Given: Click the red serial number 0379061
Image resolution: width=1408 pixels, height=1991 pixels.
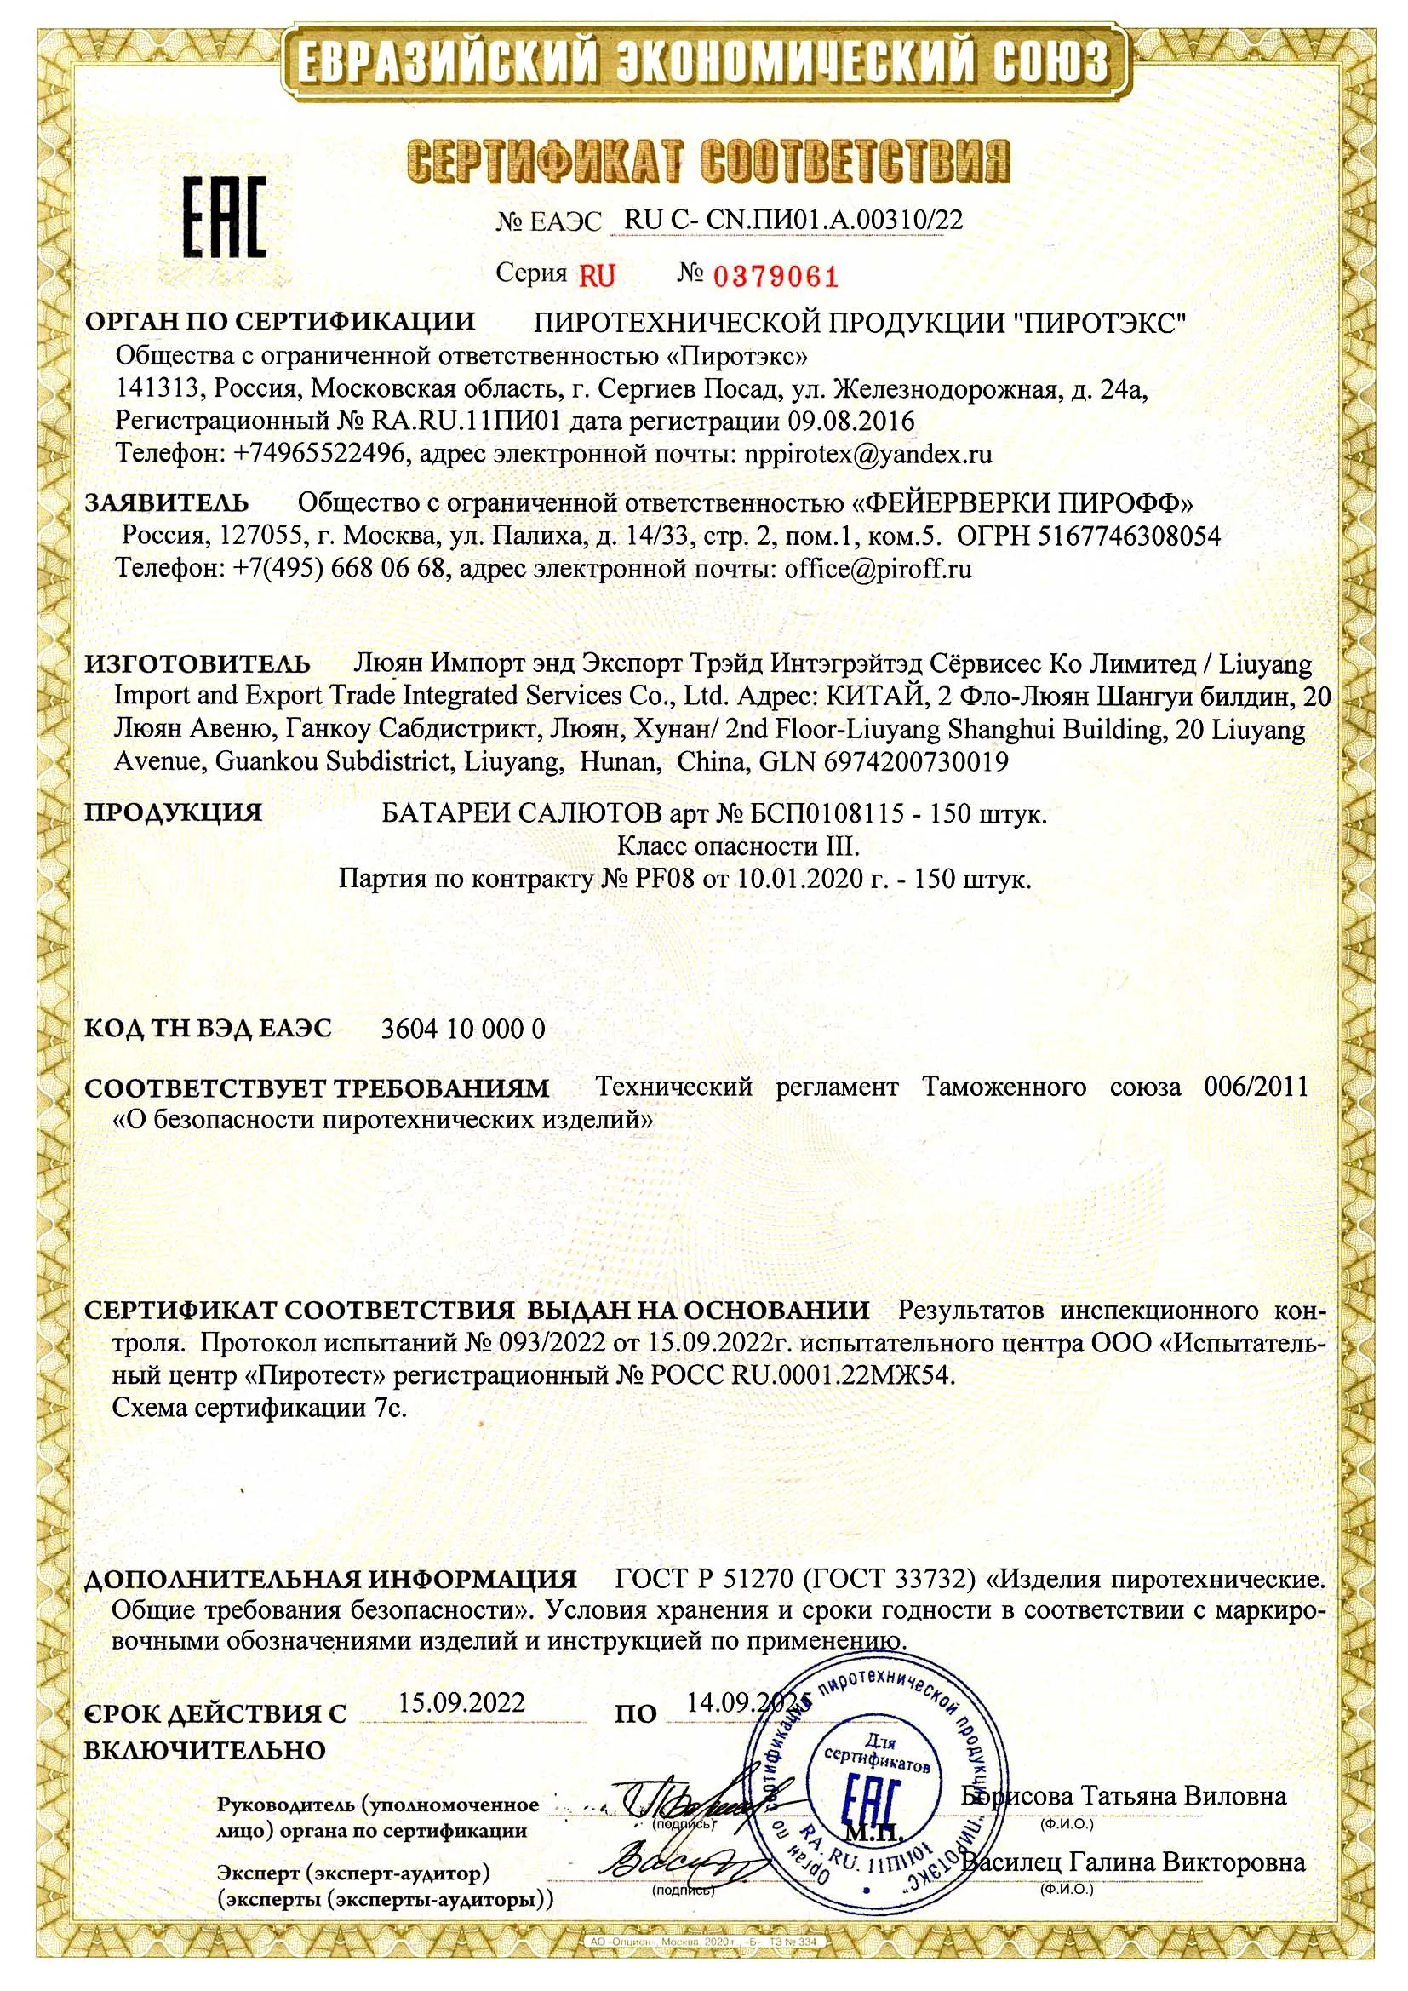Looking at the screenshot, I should tap(776, 277).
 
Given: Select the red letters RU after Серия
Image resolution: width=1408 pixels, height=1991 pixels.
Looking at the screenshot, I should tap(597, 276).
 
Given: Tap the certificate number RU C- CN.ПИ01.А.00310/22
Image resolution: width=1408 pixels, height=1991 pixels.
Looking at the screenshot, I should tap(793, 220).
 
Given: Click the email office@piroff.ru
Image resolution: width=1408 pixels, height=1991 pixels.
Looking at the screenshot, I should tap(878, 569).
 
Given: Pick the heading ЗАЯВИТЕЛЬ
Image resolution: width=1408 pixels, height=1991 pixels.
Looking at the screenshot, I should tap(167, 503).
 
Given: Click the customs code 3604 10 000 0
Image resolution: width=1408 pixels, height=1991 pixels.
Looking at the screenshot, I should tap(463, 1029).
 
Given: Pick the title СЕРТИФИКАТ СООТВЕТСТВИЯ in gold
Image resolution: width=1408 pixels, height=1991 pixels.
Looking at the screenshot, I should tap(707, 161).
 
